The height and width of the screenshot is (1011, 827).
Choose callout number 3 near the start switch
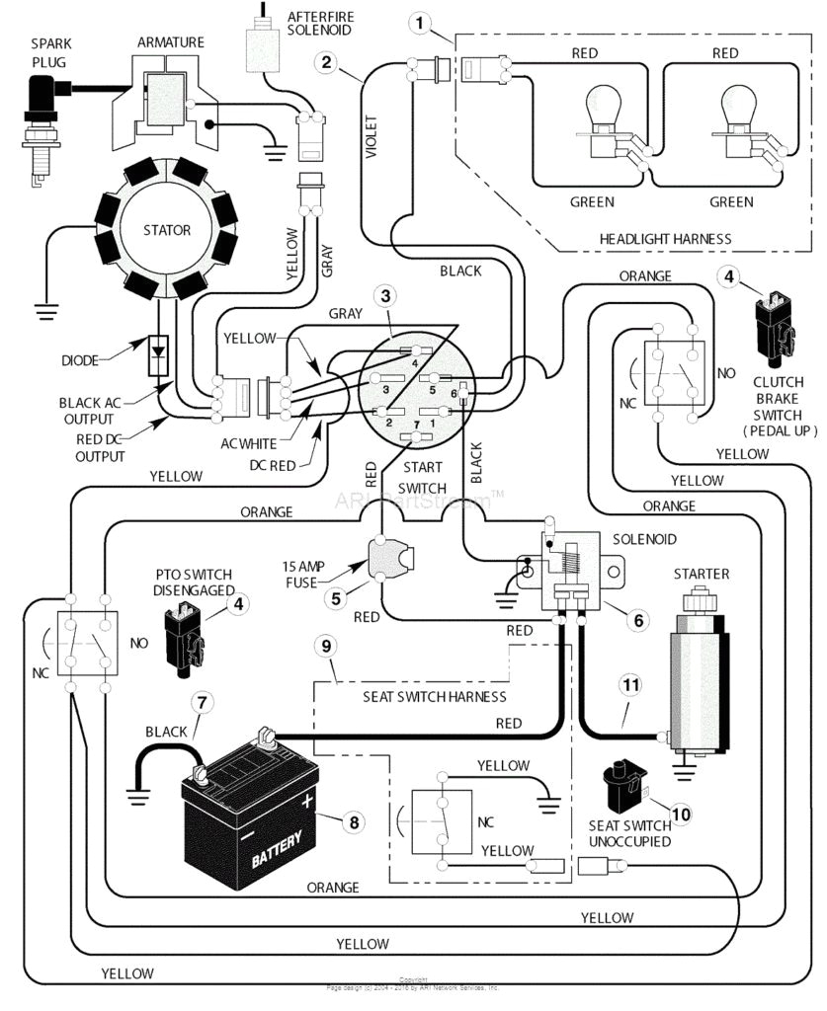[x=386, y=293]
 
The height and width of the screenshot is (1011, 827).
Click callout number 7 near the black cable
[x=202, y=702]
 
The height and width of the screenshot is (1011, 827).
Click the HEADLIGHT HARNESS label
[x=666, y=239]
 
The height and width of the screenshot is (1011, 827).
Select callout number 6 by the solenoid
[x=638, y=619]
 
